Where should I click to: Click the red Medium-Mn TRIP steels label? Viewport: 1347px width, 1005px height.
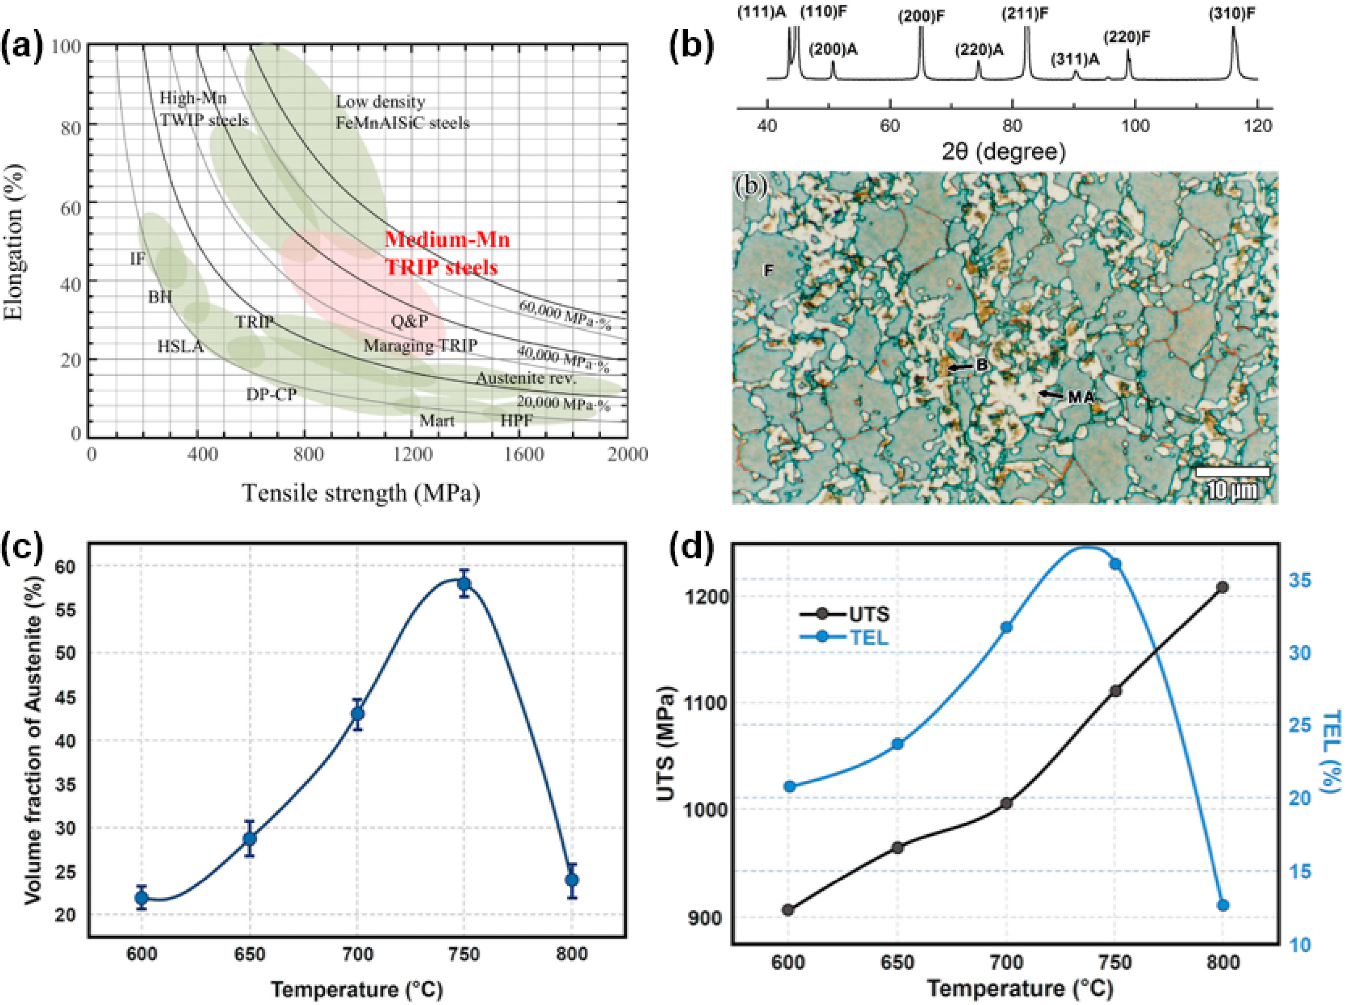coord(447,253)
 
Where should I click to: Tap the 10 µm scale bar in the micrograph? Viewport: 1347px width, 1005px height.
coord(1232,472)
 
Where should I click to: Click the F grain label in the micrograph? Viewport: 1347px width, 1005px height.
coord(769,270)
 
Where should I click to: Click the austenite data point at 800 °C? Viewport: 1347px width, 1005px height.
coord(571,880)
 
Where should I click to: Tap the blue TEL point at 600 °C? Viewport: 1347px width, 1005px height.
coord(790,787)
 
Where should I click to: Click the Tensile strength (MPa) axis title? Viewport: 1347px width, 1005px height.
coord(361,493)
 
